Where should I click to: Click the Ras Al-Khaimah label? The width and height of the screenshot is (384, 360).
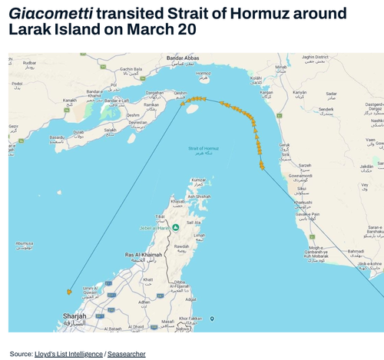pyautogui.click(x=144, y=253)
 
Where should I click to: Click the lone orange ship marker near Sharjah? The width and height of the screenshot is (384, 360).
pyautogui.click(x=69, y=292)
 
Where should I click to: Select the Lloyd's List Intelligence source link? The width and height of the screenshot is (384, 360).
pyautogui.click(x=68, y=353)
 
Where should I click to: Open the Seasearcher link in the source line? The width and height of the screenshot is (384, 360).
pyautogui.click(x=126, y=353)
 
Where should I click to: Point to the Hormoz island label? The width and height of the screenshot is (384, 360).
pyautogui.click(x=204, y=74)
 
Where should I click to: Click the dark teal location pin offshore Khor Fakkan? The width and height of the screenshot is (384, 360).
pyautogui.click(x=213, y=319)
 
